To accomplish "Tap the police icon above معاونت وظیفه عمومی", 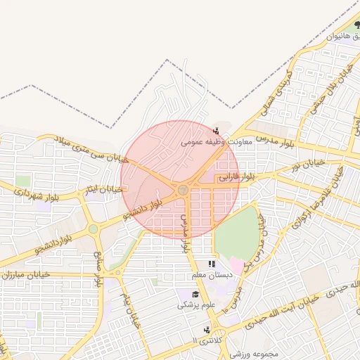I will pos(215,130).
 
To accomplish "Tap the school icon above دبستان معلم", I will pos(212,264).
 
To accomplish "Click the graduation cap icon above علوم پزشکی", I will pos(195,294).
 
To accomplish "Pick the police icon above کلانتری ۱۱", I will pos(206,329).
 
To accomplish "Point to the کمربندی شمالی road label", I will pos(276,90).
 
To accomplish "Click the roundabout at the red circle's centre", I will pos(182,189).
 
